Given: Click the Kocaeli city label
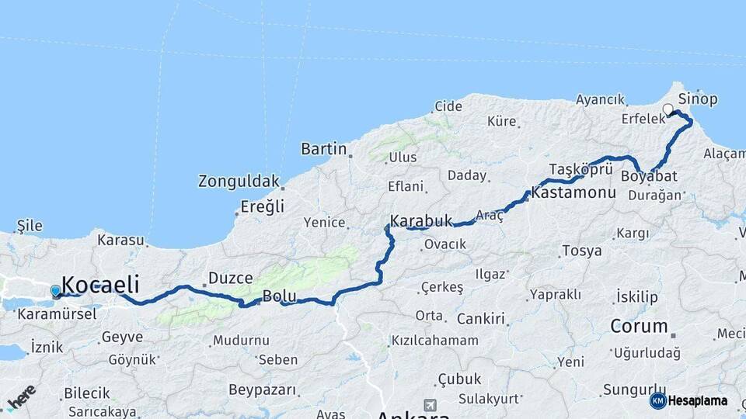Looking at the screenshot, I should click(100, 284).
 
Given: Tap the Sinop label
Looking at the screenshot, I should click(697, 99).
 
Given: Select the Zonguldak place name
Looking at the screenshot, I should click(238, 182).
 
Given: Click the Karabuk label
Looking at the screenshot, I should click(421, 221).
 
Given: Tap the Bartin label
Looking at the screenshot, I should click(323, 148).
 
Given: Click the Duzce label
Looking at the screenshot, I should click(230, 278).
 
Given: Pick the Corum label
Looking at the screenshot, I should click(639, 326).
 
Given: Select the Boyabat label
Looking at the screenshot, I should click(649, 176).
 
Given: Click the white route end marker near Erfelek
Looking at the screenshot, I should click(668, 109).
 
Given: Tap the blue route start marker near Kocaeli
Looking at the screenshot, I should click(55, 291).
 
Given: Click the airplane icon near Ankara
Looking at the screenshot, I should click(430, 405).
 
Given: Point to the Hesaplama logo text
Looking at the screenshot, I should click(697, 401).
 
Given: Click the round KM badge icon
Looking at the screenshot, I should click(657, 401).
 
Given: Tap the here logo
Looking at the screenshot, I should click(22, 396).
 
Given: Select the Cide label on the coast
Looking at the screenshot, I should click(448, 106).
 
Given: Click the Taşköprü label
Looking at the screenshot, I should click(581, 169).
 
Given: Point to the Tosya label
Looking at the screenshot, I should click(581, 251).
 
